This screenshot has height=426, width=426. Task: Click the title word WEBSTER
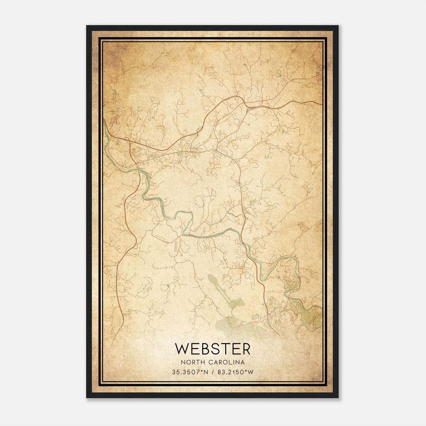(x=212, y=349)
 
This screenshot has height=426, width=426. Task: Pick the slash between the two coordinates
(x=213, y=372)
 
